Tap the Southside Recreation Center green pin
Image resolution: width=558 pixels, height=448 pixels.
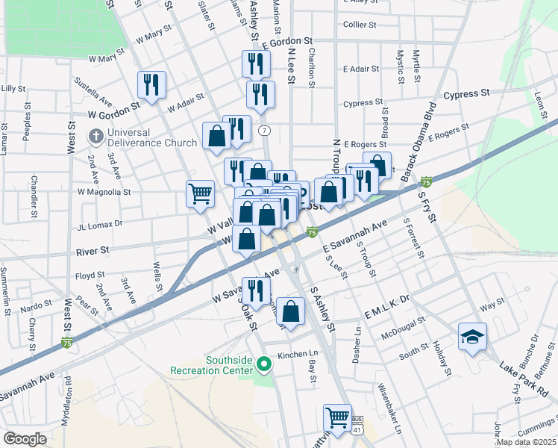point(263,364)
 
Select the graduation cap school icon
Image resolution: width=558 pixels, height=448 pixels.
point(472,338)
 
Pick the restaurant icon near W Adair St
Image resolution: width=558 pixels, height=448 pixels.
point(152,85)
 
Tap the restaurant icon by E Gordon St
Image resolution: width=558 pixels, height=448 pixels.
point(256,64)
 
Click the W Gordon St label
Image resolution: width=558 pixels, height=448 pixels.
point(114,116)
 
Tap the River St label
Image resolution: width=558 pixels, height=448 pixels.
point(93,251)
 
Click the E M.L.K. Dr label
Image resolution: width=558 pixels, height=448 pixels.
point(388,298)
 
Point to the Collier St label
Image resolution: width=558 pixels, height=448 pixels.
point(360,25)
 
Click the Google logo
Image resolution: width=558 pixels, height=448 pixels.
point(25,439)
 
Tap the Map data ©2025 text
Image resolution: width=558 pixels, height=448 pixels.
point(527,442)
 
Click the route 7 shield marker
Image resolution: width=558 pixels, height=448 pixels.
point(264,130)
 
